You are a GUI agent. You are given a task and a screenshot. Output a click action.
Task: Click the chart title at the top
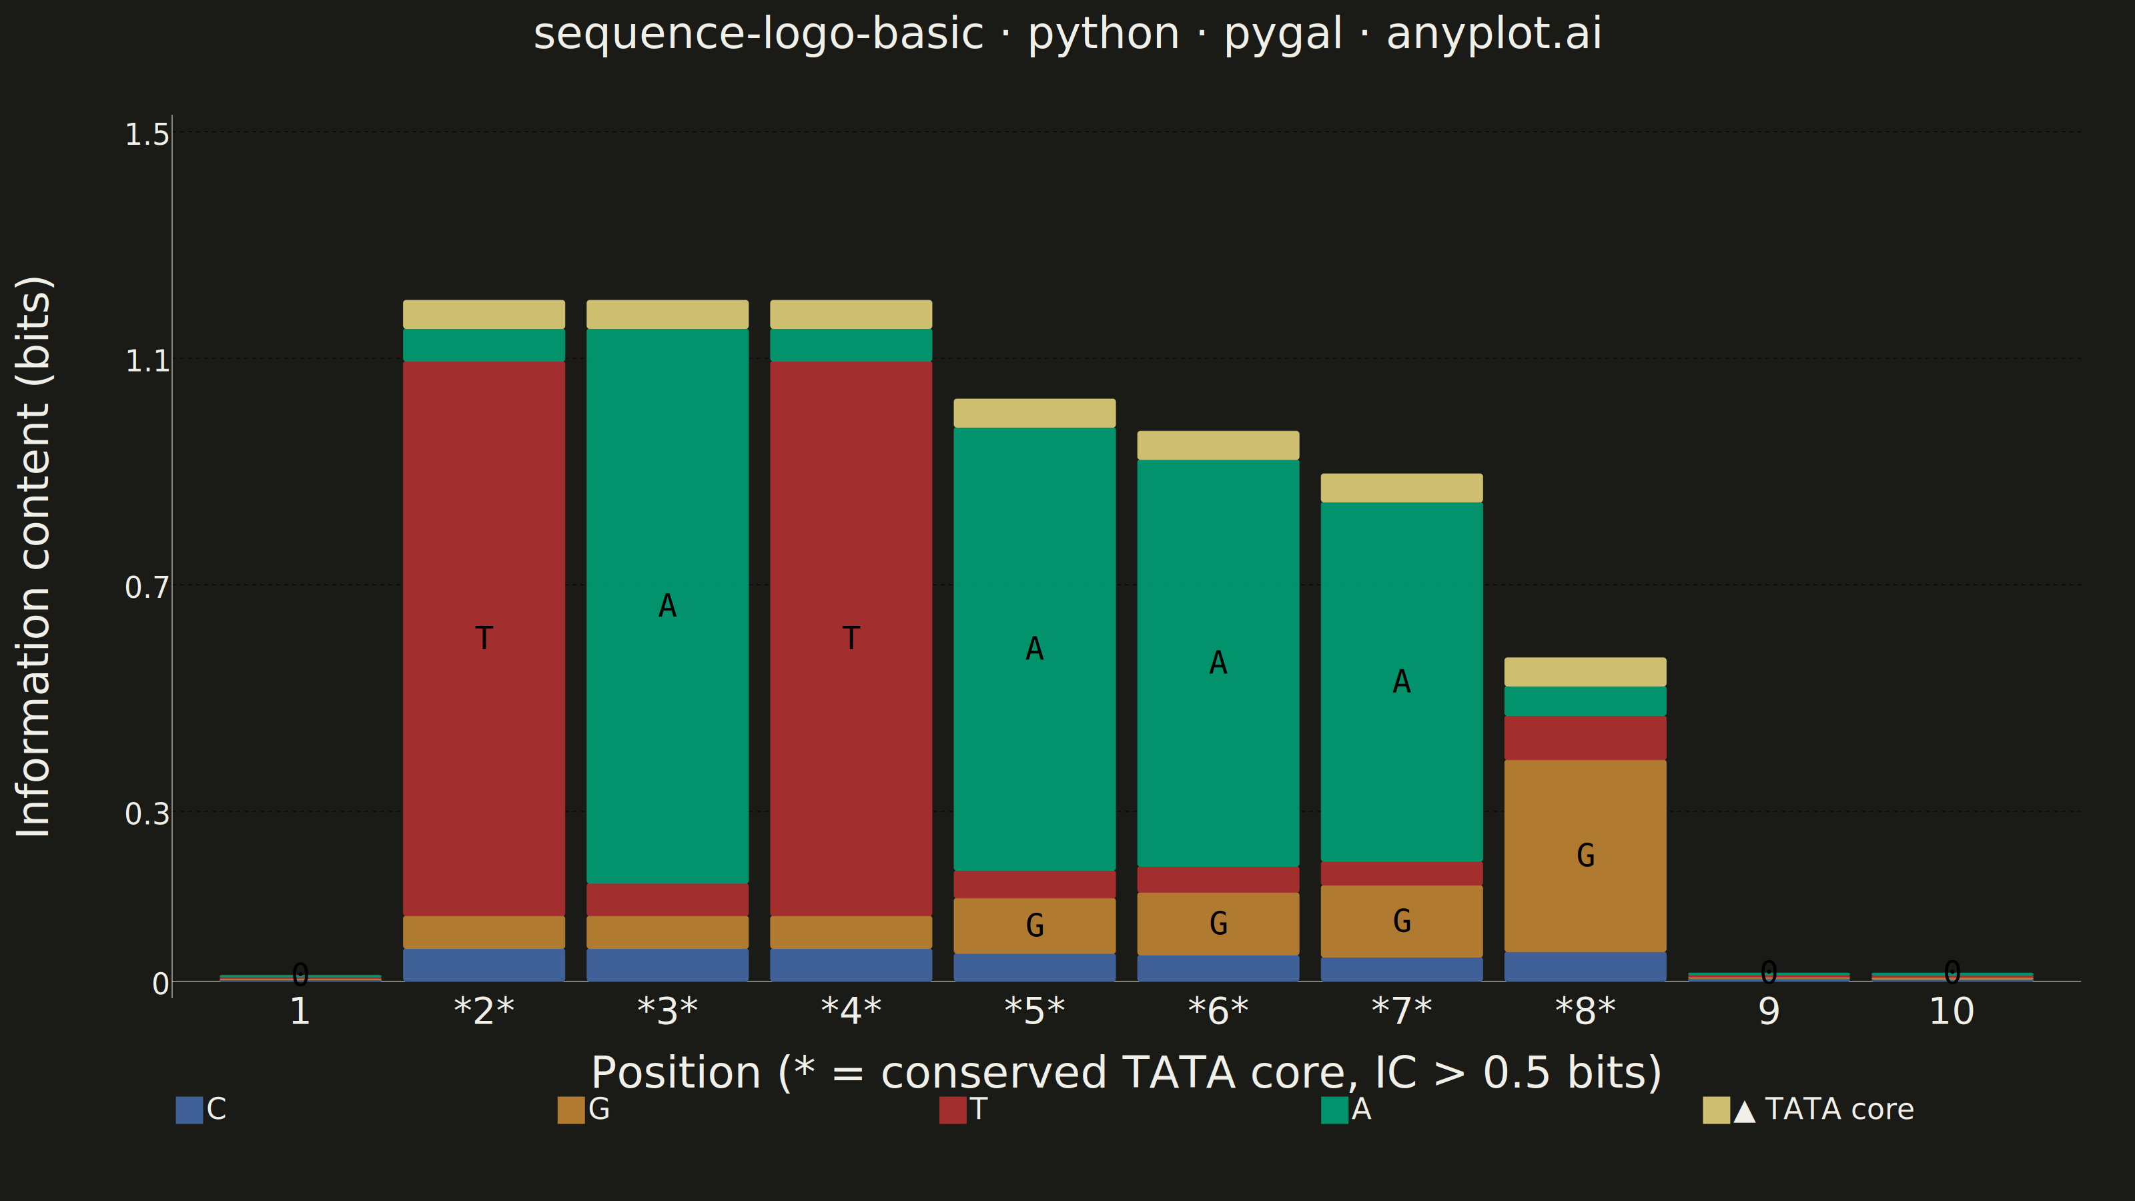pos(1067,35)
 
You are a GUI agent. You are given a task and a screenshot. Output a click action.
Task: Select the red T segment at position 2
pos(484,639)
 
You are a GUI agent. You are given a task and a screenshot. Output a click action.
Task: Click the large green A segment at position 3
pos(667,606)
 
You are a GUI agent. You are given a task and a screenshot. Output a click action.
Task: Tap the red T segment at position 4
pos(851,639)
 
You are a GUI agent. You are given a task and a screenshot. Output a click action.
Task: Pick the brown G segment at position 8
pos(1585,855)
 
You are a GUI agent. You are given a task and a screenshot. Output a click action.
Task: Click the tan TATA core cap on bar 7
pos(1402,488)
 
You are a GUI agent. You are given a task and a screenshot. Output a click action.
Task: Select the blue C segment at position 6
pos(1218,968)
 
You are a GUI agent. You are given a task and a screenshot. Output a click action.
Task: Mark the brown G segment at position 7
pos(1402,921)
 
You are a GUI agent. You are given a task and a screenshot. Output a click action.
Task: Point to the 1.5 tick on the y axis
pos(147,134)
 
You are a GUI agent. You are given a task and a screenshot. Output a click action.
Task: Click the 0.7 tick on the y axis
pos(147,588)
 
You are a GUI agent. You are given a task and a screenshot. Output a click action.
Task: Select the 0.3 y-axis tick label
pos(147,814)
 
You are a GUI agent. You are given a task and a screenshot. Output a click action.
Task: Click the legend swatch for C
pos(189,1110)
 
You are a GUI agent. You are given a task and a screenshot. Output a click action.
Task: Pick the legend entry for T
pos(963,1110)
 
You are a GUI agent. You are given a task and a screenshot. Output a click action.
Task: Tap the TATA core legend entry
pos(1809,1110)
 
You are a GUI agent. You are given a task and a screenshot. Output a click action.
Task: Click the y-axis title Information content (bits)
pos(34,557)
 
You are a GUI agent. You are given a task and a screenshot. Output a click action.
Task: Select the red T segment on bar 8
pos(1585,738)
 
